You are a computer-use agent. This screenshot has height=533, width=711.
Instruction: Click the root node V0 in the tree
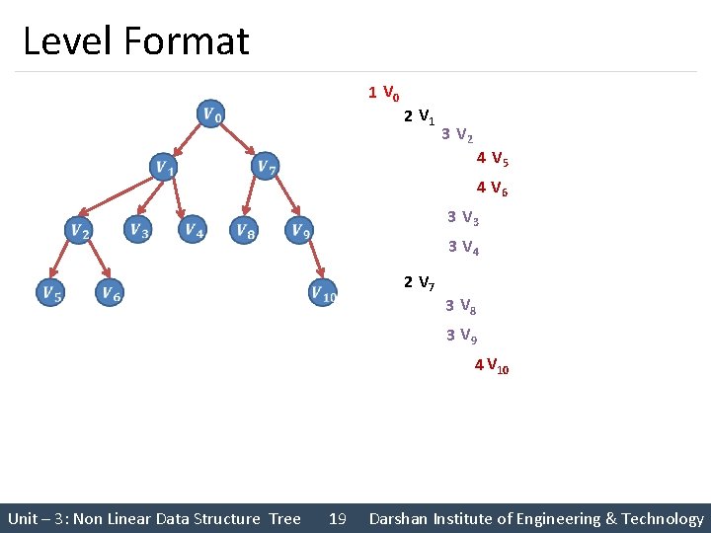click(210, 114)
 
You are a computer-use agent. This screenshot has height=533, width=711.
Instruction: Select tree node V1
click(164, 168)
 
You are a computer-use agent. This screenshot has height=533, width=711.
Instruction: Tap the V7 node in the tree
click(265, 167)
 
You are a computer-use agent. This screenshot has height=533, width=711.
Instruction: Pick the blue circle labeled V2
click(79, 231)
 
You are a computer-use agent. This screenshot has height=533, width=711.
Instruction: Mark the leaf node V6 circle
click(110, 292)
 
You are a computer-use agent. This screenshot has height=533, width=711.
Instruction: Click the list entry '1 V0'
click(383, 94)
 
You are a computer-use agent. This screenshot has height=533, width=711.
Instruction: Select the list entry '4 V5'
click(492, 158)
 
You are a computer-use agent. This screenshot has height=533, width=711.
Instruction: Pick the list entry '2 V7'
click(420, 284)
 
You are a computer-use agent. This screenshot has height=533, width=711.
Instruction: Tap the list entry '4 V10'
click(492, 366)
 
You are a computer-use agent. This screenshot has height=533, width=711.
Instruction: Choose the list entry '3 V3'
click(462, 218)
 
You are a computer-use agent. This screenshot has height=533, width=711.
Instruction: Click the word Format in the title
click(188, 41)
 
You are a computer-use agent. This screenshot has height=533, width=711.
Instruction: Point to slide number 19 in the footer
click(337, 518)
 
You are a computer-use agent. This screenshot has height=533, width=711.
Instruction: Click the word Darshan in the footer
click(402, 518)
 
